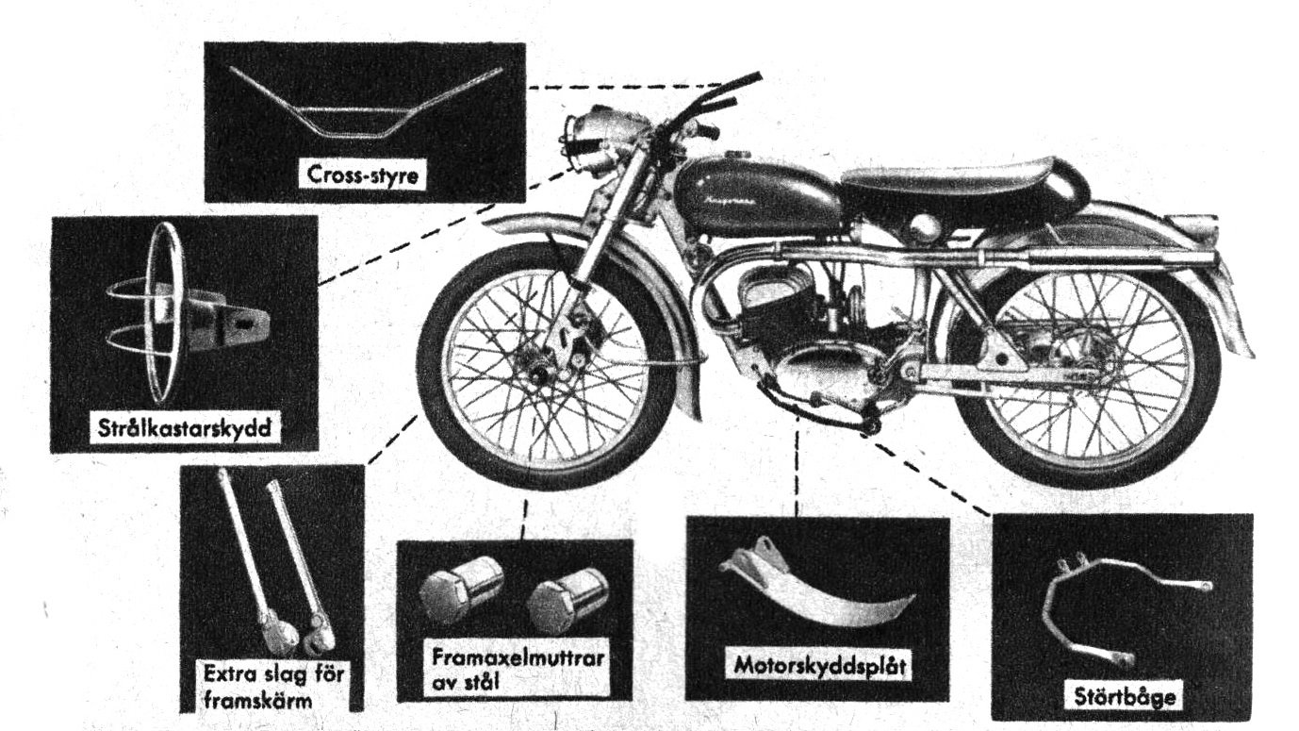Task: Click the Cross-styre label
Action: pos(363,176)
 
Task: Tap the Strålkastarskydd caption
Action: pos(185,425)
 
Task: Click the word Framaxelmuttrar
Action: pos(515,656)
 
